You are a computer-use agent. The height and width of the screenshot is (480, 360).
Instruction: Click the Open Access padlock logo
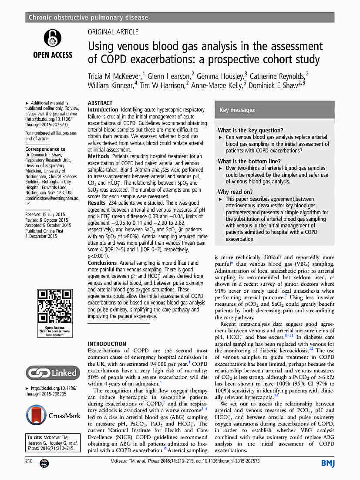point(53,38)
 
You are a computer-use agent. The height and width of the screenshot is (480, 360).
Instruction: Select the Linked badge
point(53,373)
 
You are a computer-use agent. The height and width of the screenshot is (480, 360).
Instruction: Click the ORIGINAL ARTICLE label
point(113,32)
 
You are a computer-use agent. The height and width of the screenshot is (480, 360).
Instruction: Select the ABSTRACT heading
point(100,103)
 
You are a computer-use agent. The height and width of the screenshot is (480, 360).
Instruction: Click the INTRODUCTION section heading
point(107,344)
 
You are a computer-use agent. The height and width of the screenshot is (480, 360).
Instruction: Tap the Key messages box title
point(237,110)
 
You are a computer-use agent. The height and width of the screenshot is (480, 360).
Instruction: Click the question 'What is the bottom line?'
point(249,161)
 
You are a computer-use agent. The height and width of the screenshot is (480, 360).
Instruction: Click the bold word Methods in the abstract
point(98,156)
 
